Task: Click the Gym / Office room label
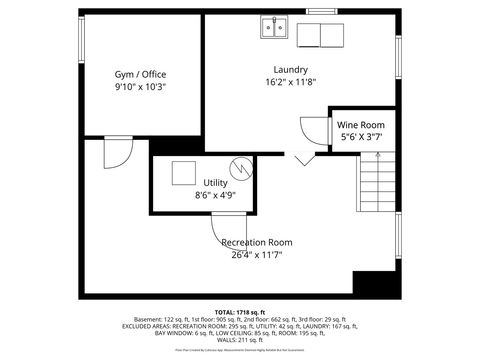[x=140, y=73]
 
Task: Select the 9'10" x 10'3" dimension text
[x=140, y=87]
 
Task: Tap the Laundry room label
[x=290, y=69]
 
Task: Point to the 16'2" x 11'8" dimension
[x=290, y=83]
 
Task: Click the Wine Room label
[x=361, y=124]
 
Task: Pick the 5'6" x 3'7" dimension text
[x=361, y=137]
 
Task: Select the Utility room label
[x=215, y=183]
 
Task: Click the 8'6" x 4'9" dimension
[x=215, y=196]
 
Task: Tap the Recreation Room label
[x=256, y=242]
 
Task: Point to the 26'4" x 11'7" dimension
[x=256, y=255]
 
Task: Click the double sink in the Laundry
[x=275, y=27]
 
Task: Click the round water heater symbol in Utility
[x=238, y=167]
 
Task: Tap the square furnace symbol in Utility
[x=183, y=172]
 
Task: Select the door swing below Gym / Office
[x=116, y=152]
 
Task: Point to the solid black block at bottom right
[x=373, y=285]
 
